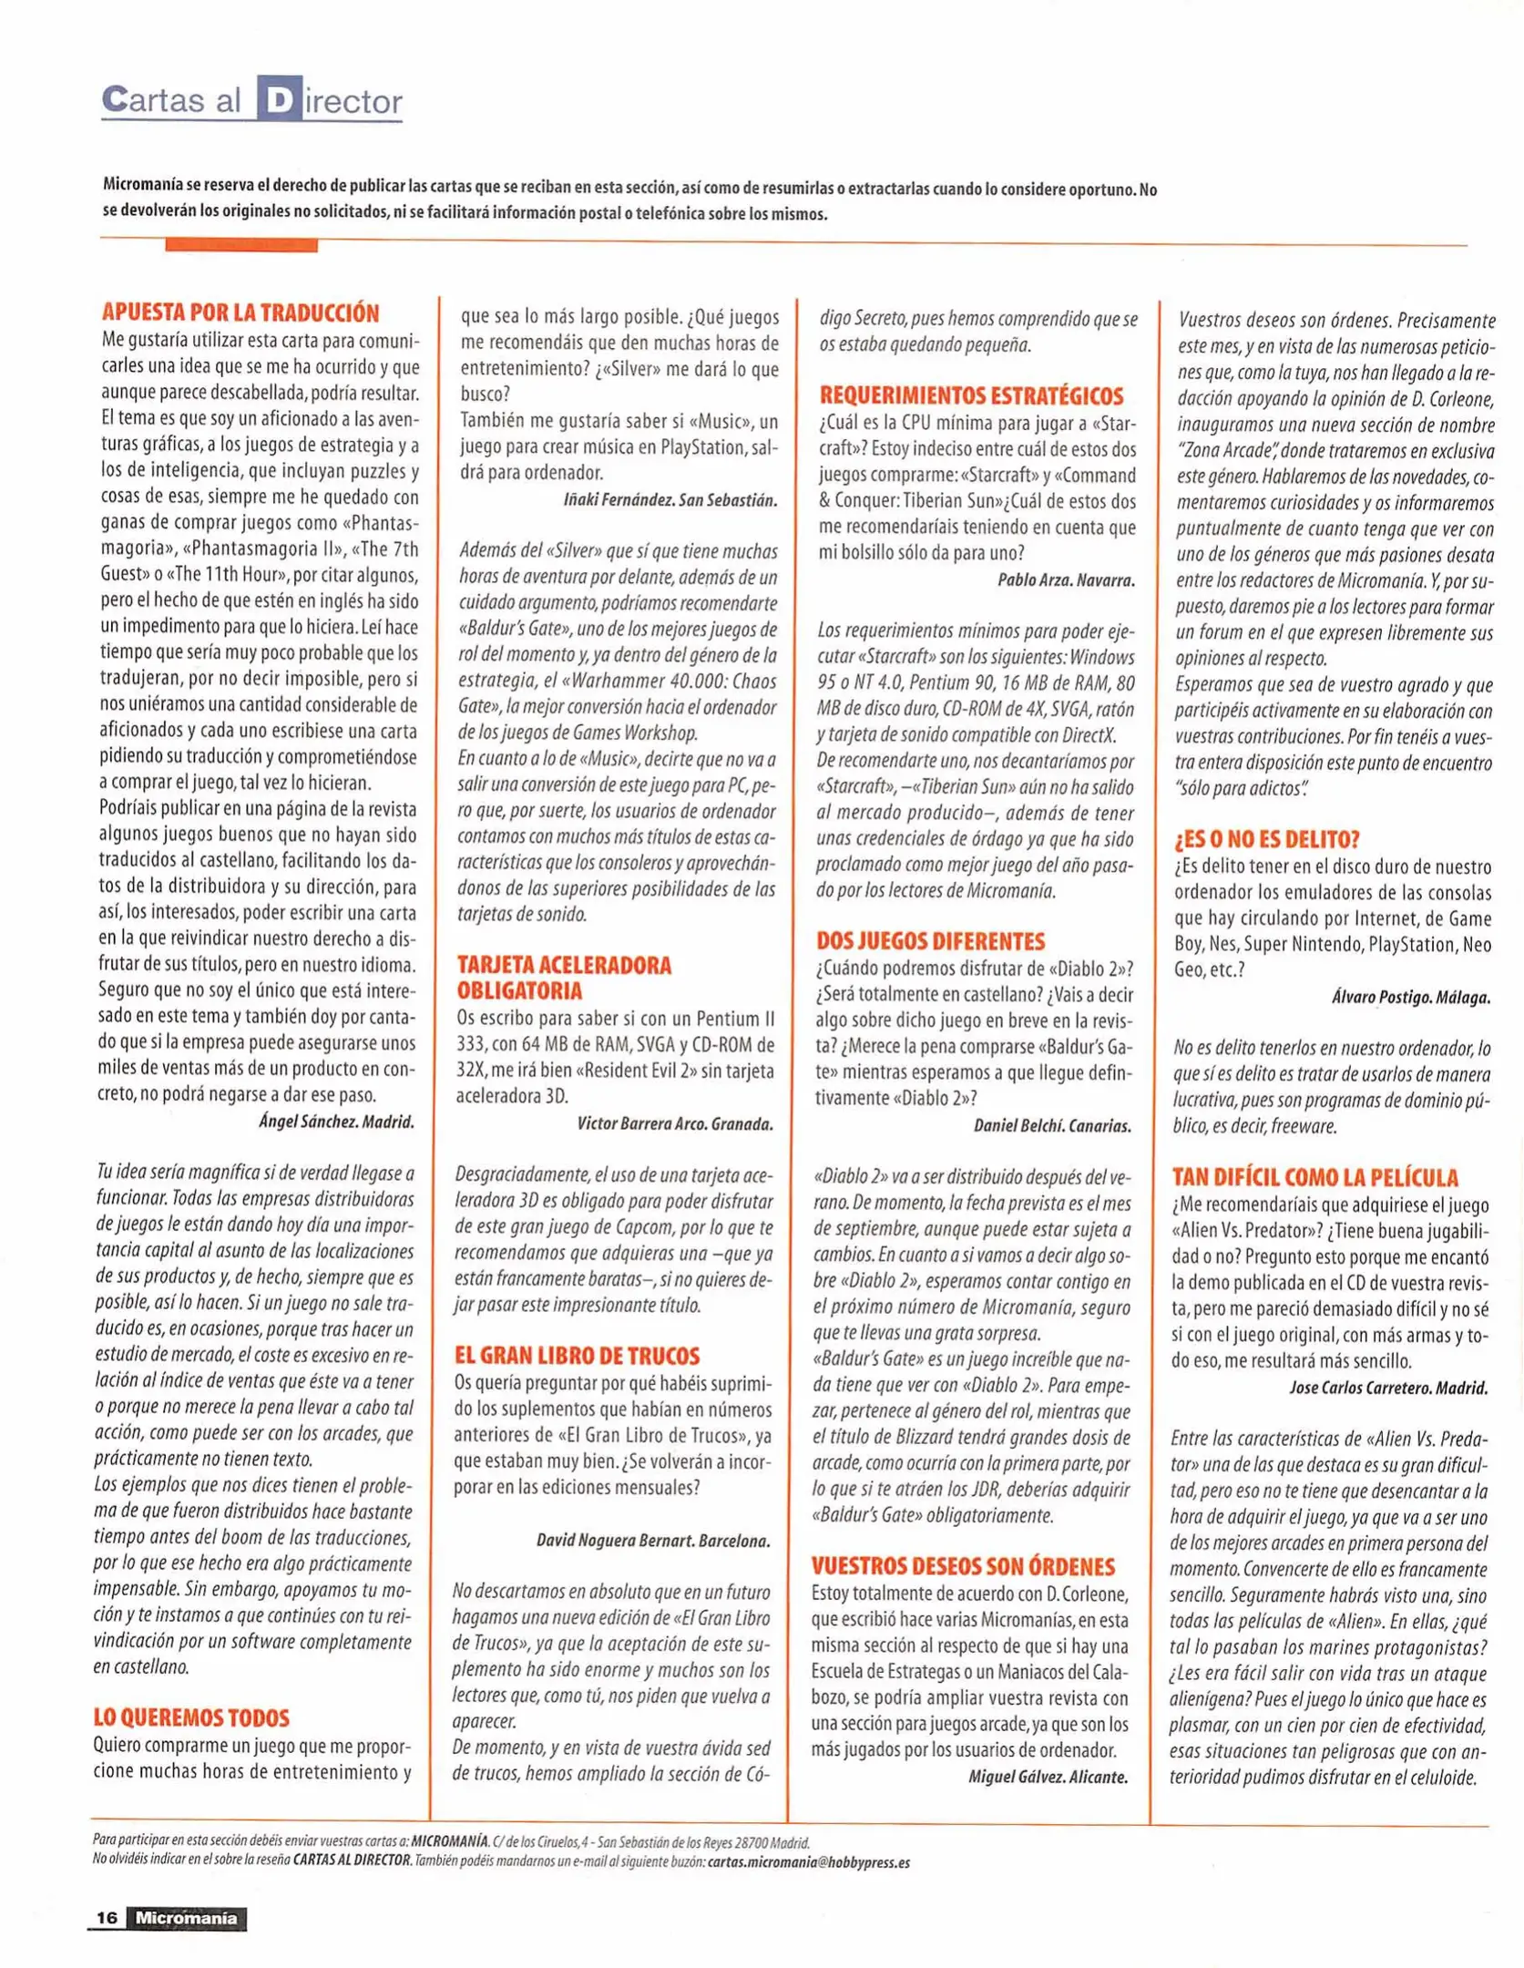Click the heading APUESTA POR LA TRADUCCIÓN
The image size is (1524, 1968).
coord(240,313)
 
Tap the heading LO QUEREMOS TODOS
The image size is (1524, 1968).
coord(191,1717)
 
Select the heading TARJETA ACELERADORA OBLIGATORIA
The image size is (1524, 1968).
coord(564,978)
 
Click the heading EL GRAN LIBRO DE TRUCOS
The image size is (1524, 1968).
coord(578,1355)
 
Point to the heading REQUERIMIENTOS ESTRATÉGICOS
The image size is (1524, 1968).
coord(971,395)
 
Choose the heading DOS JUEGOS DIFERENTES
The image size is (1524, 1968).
coord(930,940)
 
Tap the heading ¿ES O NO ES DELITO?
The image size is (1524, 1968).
coord(1267,838)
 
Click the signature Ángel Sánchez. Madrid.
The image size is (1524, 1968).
coord(336,1122)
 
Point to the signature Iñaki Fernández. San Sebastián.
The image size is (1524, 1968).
coord(670,500)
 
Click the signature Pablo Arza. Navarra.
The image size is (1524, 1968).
coord(1066,579)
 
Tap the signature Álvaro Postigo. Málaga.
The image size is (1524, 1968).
coord(1411,997)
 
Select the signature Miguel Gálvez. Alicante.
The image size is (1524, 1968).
coord(1048,1776)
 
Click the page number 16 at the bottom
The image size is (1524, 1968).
coord(107,1917)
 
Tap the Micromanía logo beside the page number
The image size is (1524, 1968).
coord(187,1917)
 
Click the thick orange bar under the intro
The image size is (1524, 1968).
coord(241,245)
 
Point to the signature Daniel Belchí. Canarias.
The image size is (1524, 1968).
coord(1052,1125)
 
